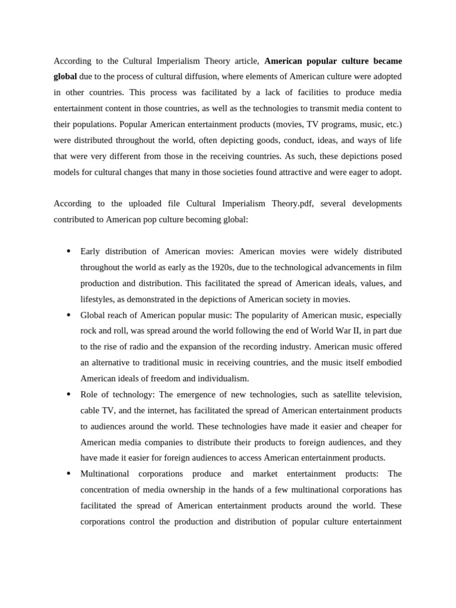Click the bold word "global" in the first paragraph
[x=65, y=77]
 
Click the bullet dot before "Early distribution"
[x=68, y=251]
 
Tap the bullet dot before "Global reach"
[x=68, y=315]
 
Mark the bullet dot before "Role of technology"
[x=68, y=394]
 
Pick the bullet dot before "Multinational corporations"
[x=68, y=473]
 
